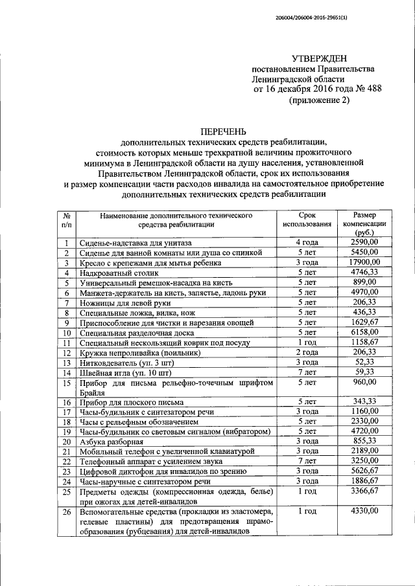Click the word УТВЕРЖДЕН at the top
pyautogui.click(x=318, y=59)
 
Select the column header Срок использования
pyautogui.click(x=307, y=220)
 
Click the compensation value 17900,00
pyautogui.click(x=363, y=262)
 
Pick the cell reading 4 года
pyautogui.click(x=307, y=242)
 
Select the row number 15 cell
pyautogui.click(x=65, y=383)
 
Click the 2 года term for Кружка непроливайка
pyautogui.click(x=307, y=352)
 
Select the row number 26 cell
pyautogui.click(x=65, y=511)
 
